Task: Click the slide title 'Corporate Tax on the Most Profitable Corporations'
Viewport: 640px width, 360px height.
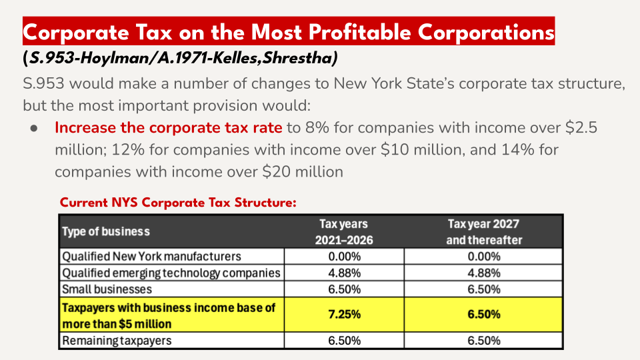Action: (289, 32)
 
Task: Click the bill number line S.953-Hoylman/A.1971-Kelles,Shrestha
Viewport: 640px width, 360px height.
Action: (180, 59)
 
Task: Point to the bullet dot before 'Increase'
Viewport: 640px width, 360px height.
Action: (34, 128)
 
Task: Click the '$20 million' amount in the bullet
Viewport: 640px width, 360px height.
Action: (303, 172)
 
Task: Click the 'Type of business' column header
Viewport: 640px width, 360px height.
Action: (106, 231)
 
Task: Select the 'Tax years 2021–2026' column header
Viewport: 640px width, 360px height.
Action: (344, 231)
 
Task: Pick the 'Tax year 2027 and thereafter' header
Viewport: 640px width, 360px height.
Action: (484, 231)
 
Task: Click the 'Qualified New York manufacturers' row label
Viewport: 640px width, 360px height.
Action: (151, 256)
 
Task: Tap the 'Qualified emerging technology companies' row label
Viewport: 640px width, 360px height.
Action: (171, 273)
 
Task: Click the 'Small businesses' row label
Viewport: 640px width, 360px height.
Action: (107, 289)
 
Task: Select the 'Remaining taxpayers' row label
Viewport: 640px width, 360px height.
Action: (117, 340)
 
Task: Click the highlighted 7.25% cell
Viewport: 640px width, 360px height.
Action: (344, 315)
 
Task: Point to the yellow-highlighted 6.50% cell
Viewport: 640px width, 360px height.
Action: (484, 315)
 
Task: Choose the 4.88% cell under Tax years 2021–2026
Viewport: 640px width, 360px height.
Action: (344, 273)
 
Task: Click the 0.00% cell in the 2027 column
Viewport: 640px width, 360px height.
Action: (484, 256)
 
